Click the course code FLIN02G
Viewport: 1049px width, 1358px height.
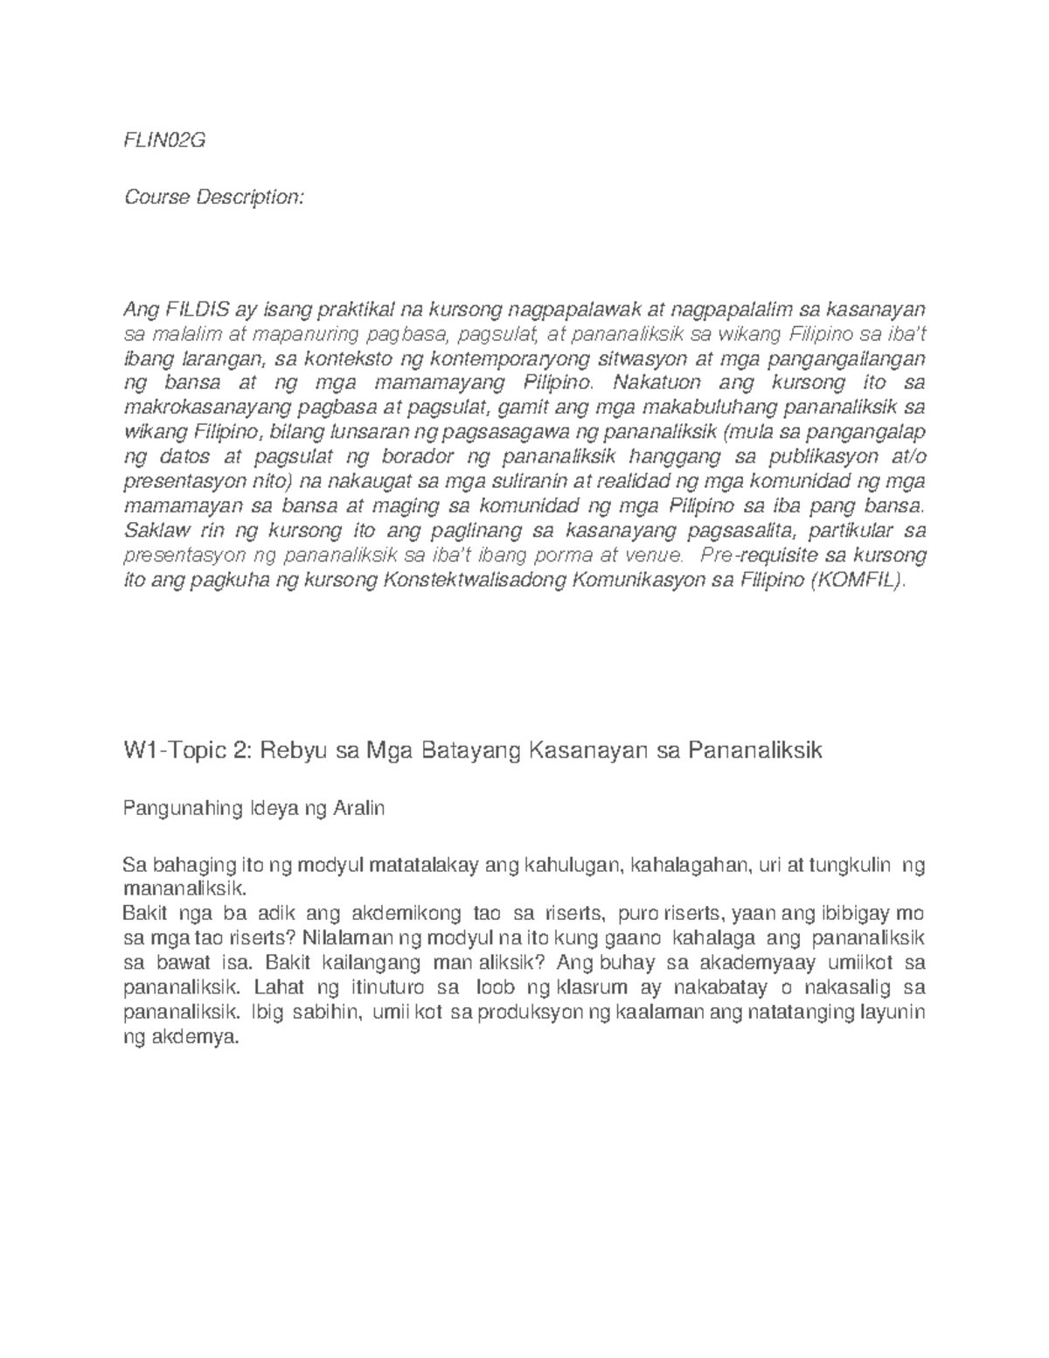164,142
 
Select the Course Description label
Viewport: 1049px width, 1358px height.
214,198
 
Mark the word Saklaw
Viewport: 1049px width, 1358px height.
151,531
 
